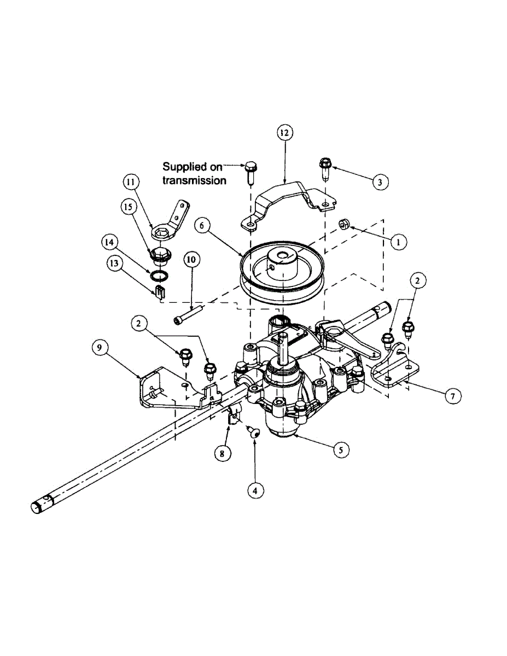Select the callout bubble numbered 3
pyautogui.click(x=379, y=181)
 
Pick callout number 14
pyautogui.click(x=109, y=241)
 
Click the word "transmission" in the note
pyautogui.click(x=194, y=180)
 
